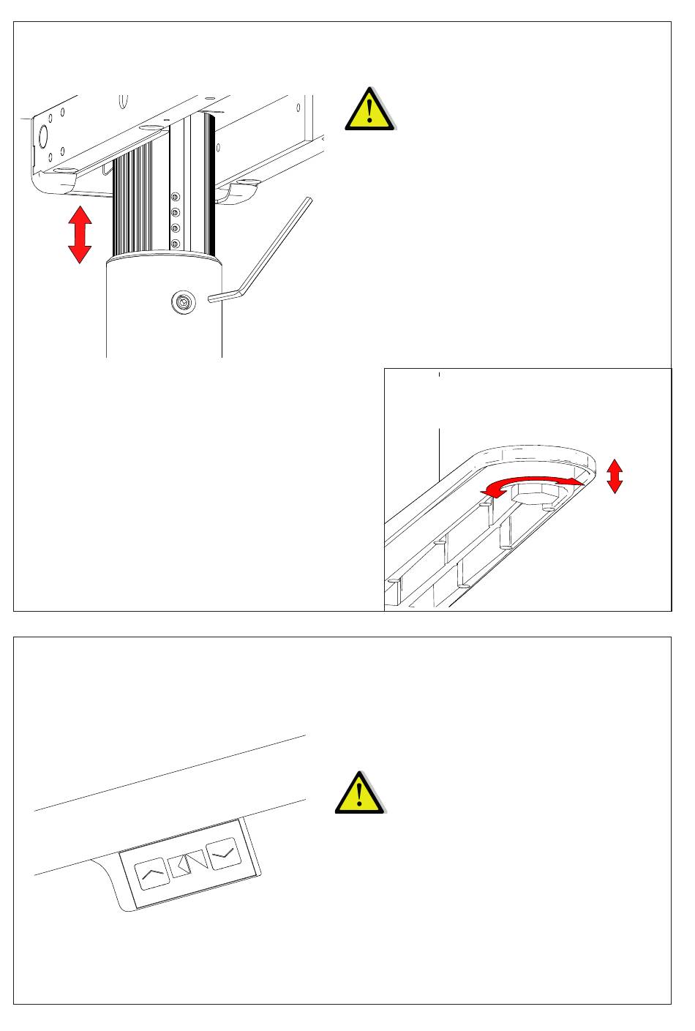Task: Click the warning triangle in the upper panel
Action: pos(370,110)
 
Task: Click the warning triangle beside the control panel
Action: pos(360,793)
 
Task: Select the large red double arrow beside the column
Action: pos(79,234)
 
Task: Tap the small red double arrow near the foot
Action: pos(615,476)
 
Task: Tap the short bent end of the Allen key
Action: pos(220,297)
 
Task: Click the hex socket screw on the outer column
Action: pos(184,301)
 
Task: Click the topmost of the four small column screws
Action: pos(175,197)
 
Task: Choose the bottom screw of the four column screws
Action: pos(175,242)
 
